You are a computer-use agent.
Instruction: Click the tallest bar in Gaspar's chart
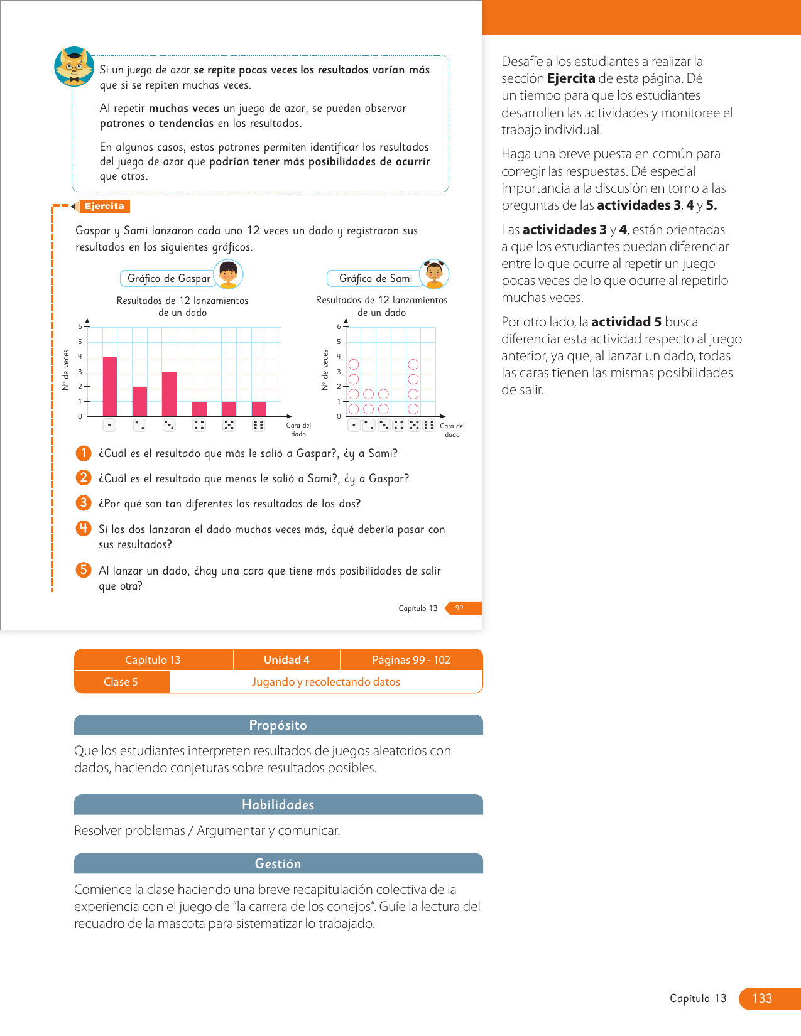click(110, 386)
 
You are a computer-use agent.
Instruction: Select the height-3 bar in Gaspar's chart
click(169, 394)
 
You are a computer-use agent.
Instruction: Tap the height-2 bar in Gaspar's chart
click(139, 401)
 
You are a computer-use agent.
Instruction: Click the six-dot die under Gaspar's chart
click(258, 425)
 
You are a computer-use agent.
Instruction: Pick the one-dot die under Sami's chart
click(354, 425)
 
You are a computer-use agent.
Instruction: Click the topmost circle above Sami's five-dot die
click(413, 364)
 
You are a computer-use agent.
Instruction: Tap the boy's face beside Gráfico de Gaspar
click(228, 274)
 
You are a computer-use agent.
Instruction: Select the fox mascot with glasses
click(74, 67)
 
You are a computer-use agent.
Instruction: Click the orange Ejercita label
click(104, 206)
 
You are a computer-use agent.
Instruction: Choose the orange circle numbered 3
click(84, 503)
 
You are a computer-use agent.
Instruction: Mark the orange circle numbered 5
click(84, 569)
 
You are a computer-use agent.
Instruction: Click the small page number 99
click(459, 608)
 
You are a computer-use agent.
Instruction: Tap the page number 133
click(762, 998)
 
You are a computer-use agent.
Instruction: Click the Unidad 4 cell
click(286, 660)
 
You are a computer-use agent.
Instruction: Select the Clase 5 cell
click(121, 682)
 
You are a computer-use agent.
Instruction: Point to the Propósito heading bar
click(278, 725)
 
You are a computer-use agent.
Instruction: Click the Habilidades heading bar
click(278, 805)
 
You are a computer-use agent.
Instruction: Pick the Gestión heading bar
click(278, 864)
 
